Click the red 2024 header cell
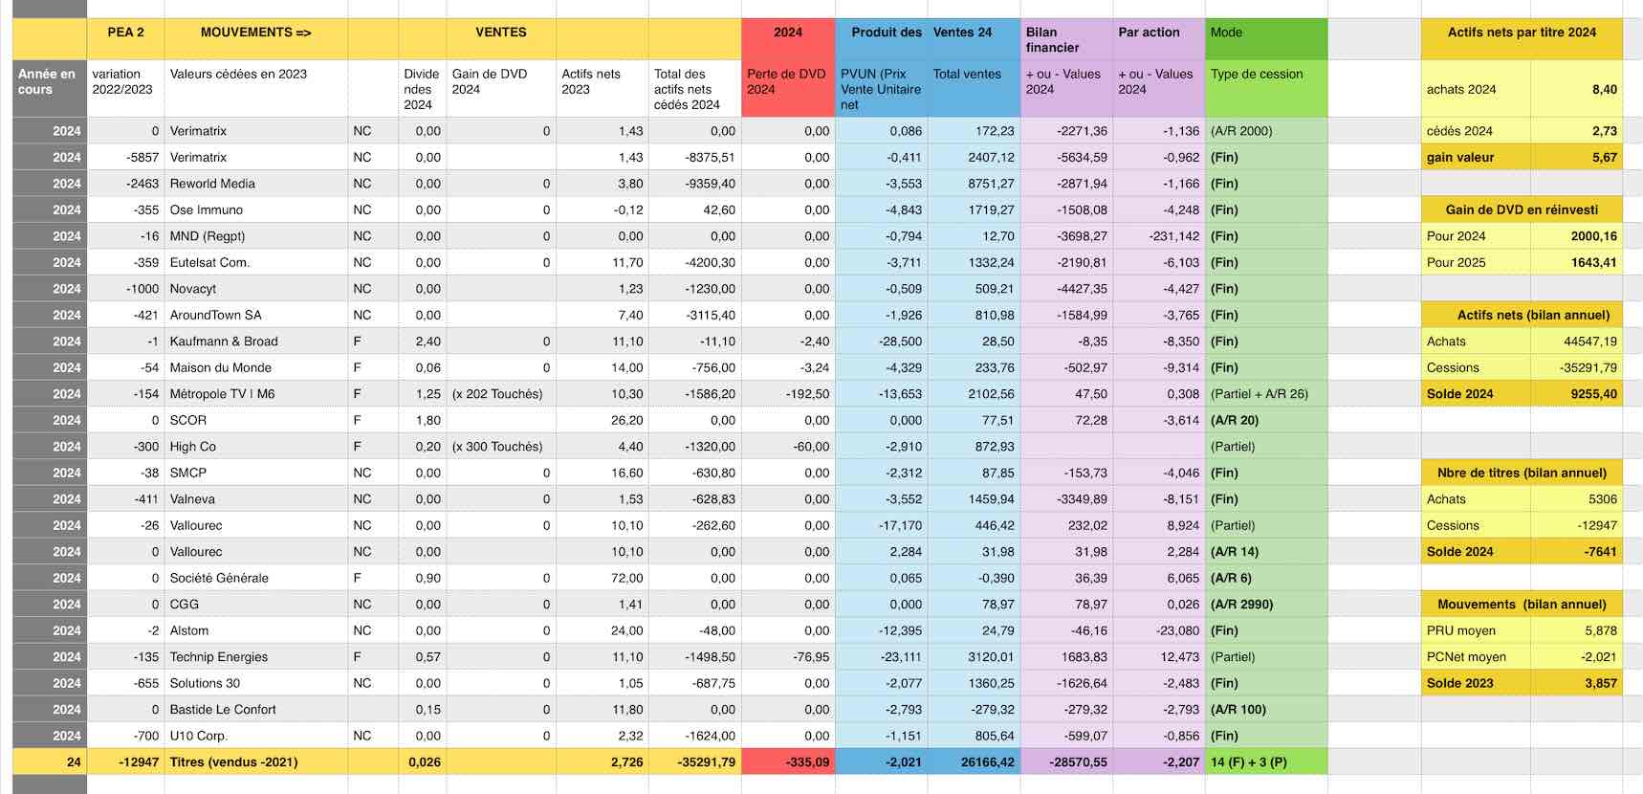[788, 33]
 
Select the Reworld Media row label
[212, 184]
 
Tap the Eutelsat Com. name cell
[209, 262]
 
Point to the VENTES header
[500, 33]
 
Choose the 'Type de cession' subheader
[1257, 75]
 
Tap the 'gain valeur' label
[1460, 158]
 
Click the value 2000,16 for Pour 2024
[1593, 236]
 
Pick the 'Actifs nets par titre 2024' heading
[1522, 33]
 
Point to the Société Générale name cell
[219, 578]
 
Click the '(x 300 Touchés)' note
[497, 447]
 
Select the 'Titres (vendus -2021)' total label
[233, 762]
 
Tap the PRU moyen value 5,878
[1600, 630]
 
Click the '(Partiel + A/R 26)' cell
[1259, 394]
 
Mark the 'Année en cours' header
[47, 81]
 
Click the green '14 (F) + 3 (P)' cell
[1248, 762]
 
